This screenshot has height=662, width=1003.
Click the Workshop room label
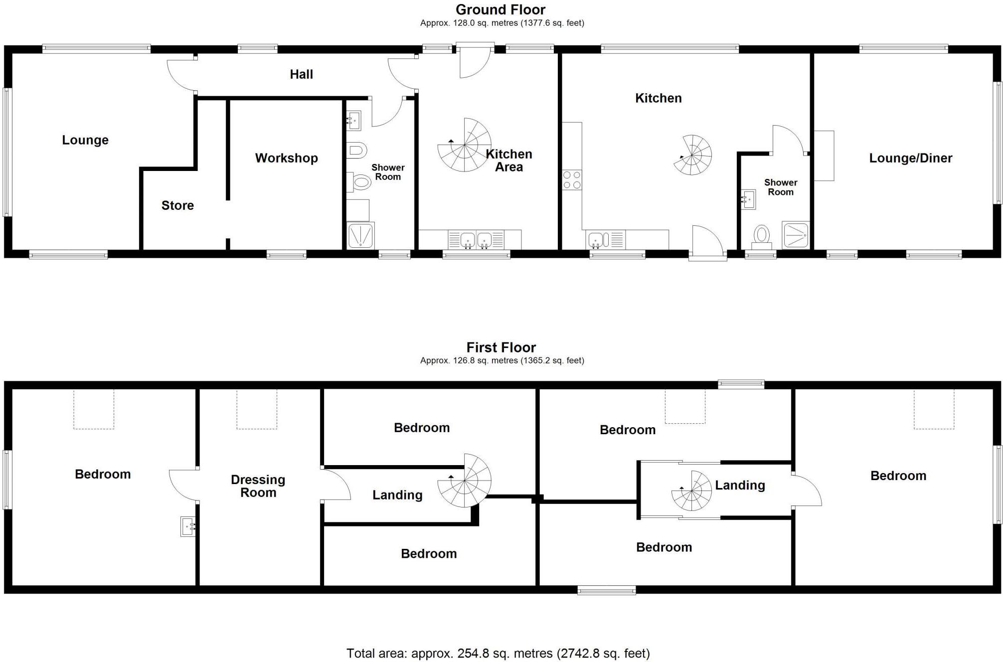(286, 158)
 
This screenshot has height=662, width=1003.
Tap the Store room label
(177, 205)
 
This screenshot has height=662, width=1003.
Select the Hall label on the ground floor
(301, 74)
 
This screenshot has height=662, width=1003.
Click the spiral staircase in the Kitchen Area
(464, 145)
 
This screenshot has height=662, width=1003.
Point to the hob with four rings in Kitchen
(572, 180)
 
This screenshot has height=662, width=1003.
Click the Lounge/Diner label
(910, 158)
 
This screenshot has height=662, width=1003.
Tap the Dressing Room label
(258, 486)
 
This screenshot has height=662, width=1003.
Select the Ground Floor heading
(501, 9)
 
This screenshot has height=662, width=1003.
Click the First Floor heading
(501, 347)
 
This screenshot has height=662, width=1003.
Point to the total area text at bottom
(498, 653)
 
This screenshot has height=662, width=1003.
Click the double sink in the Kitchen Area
(476, 240)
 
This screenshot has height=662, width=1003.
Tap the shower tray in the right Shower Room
(795, 235)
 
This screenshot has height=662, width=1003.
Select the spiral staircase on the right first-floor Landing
(691, 491)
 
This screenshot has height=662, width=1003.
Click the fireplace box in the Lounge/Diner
(824, 156)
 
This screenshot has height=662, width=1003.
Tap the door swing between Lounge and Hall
(180, 75)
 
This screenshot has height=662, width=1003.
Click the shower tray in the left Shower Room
(360, 235)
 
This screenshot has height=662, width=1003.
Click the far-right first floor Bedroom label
(898, 476)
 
